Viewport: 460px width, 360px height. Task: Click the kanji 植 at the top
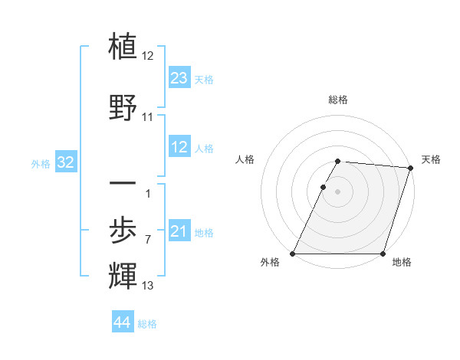click(123, 47)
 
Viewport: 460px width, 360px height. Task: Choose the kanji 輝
click(123, 275)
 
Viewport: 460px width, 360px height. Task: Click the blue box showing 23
click(179, 78)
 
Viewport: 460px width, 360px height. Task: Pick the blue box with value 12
click(179, 147)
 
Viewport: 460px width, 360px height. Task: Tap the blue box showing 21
click(179, 231)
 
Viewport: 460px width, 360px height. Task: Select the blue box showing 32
click(66, 162)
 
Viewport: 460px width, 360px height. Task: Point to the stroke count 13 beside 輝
click(148, 286)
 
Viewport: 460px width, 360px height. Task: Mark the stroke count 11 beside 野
click(148, 117)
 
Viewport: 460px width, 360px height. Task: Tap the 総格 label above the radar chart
click(338, 100)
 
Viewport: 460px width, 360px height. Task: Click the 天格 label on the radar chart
click(431, 159)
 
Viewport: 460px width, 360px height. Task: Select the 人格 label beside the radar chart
click(245, 159)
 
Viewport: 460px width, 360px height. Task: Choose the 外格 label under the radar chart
click(270, 263)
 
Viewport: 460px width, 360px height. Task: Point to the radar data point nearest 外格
click(293, 254)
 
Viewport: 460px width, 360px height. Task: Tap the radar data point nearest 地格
click(383, 254)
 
